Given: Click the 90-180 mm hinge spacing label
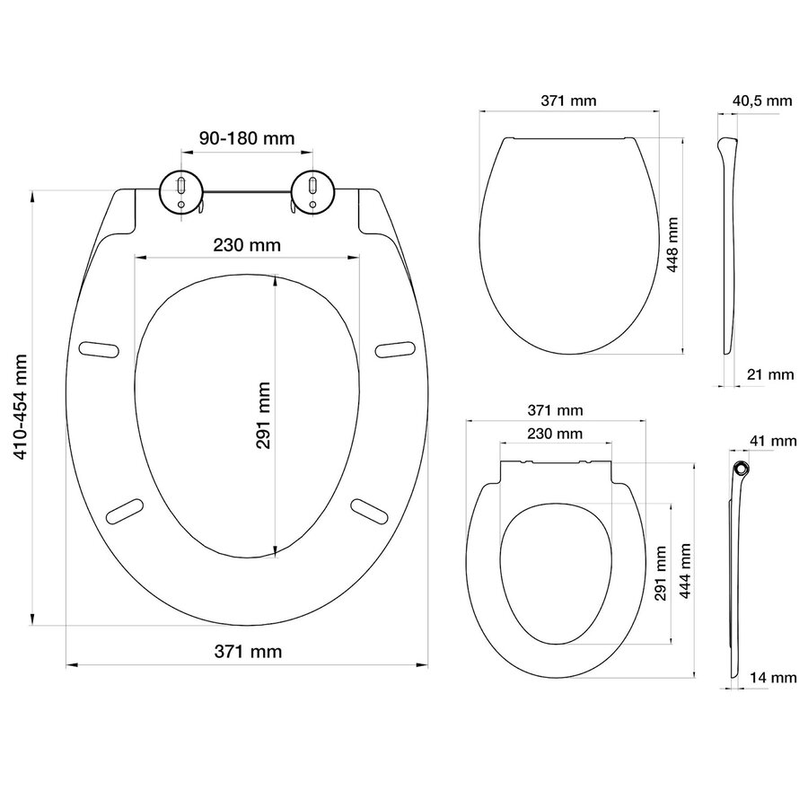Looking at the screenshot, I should click(247, 138).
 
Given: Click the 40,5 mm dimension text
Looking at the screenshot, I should click(762, 101).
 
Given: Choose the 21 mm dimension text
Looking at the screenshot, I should click(769, 373).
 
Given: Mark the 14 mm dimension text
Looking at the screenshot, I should click(775, 678).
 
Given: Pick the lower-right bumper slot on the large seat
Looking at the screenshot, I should click(371, 509).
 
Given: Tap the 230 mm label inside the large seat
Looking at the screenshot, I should click(247, 244).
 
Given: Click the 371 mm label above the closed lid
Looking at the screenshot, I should click(568, 101).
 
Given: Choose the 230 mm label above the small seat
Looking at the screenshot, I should click(554, 434).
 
